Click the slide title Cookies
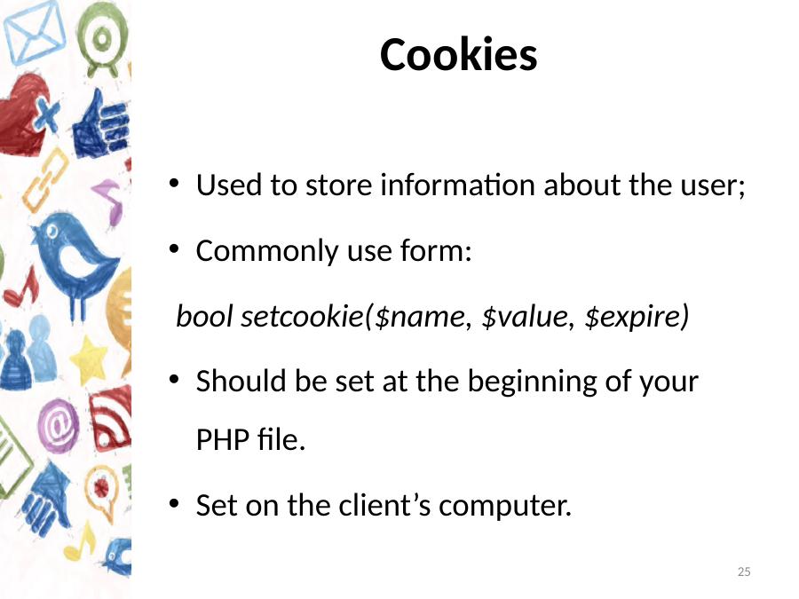(459, 54)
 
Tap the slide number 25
(744, 571)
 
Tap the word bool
(204, 316)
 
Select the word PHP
(223, 439)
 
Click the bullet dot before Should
(174, 380)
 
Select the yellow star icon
(89, 359)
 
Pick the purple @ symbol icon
(59, 425)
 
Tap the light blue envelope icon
(35, 33)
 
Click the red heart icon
(23, 114)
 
